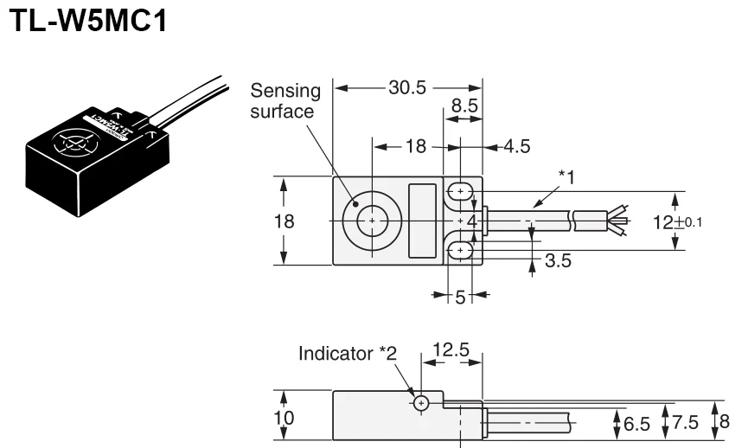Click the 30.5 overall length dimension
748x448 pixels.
[x=407, y=87]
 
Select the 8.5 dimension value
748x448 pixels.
[x=460, y=107]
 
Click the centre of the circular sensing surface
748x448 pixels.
[x=372, y=221]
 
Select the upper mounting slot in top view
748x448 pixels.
[x=462, y=191]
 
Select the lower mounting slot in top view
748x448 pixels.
[x=462, y=251]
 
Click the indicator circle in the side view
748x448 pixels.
[x=421, y=403]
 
